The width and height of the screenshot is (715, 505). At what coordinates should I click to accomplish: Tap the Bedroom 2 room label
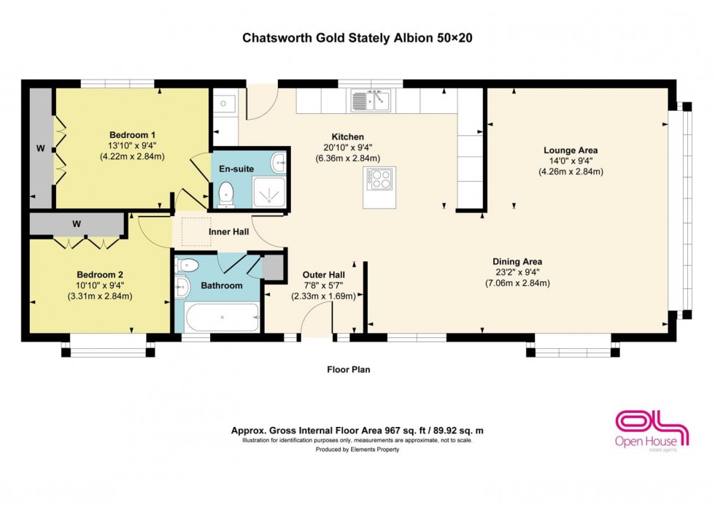(x=100, y=275)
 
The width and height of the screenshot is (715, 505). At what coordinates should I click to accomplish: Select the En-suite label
(x=236, y=169)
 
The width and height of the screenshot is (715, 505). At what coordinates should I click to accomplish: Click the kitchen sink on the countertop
(x=371, y=100)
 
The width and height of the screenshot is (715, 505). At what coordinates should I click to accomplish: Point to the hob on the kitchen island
(x=381, y=179)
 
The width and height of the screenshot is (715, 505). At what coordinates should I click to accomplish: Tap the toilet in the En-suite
(x=226, y=193)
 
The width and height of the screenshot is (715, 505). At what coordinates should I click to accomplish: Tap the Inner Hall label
(x=229, y=232)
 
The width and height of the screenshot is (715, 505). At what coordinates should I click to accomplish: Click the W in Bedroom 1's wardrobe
(x=41, y=148)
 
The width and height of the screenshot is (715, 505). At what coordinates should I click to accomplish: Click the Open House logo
(x=652, y=430)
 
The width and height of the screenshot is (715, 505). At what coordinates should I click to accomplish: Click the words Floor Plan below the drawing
(x=348, y=370)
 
